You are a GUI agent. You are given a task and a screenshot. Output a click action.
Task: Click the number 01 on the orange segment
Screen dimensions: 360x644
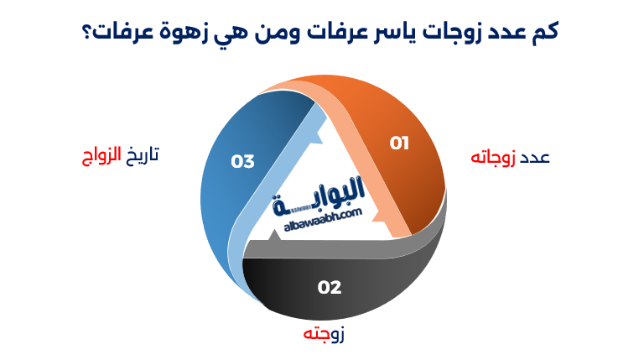click(x=399, y=143)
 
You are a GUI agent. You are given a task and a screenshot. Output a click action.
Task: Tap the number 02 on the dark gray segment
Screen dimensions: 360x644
click(x=330, y=287)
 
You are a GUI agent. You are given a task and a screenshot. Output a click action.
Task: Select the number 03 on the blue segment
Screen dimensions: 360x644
click(x=243, y=160)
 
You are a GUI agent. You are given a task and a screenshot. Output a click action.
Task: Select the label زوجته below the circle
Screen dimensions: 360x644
click(x=324, y=334)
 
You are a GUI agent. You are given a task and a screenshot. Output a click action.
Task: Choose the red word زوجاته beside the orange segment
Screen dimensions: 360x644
click(x=493, y=158)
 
